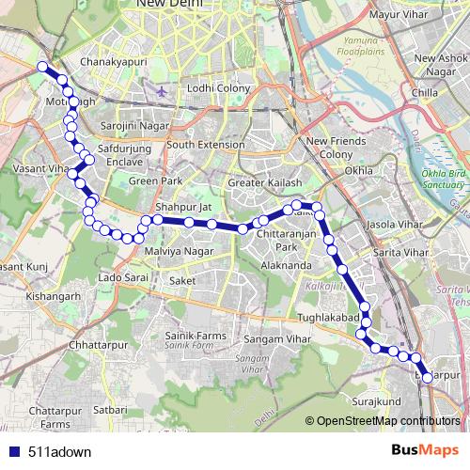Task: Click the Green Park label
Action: click(156, 180)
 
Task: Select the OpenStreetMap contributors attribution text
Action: click(387, 421)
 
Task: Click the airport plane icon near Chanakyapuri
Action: click(163, 91)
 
